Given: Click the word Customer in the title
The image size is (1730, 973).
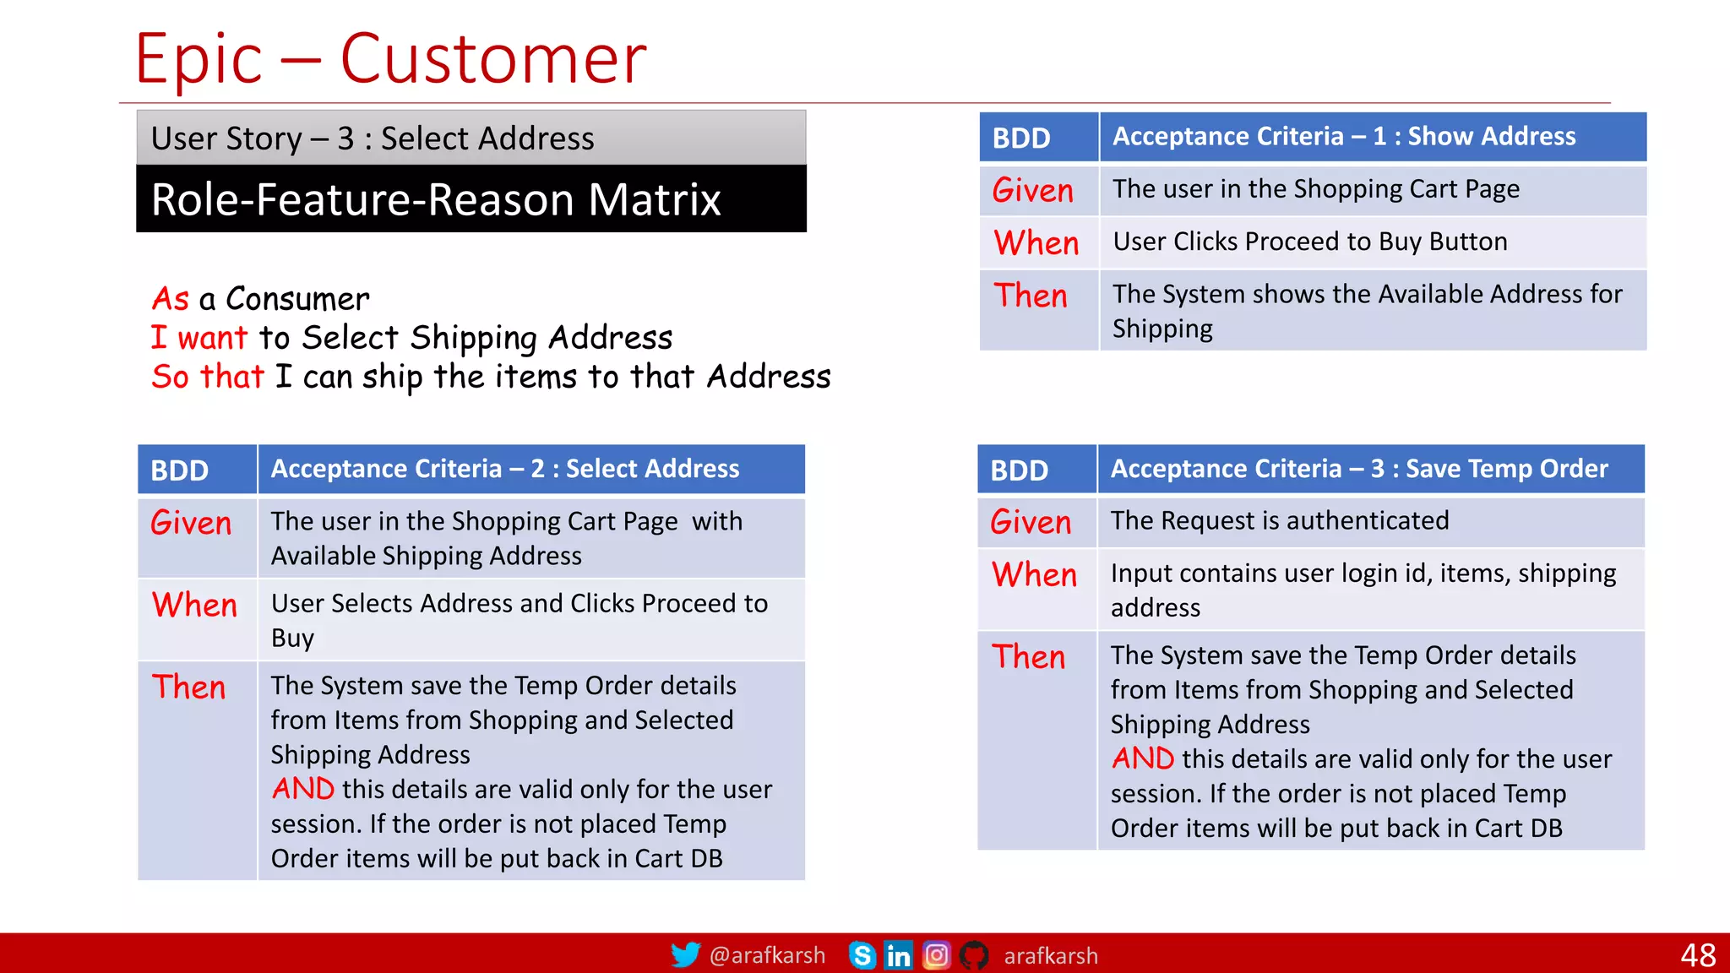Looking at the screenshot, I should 493,59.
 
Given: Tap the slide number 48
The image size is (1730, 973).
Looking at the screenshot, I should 1697,955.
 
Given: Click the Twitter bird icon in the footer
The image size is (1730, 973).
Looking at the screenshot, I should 685,955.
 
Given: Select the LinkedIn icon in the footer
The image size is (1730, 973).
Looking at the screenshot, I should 898,955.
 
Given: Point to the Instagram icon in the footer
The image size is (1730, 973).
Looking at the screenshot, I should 936,955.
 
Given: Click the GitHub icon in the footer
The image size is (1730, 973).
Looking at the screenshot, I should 974,955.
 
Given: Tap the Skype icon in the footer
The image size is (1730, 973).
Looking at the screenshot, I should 862,955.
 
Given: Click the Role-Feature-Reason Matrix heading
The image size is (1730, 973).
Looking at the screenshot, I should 436,199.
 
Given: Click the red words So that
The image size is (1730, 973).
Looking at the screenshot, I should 208,377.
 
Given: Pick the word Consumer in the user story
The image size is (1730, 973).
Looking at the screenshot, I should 297,299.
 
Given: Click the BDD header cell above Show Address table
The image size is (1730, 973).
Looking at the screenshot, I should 1021,138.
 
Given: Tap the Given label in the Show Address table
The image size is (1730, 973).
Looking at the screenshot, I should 1032,190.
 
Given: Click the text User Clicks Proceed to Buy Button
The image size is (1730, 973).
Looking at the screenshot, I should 1309,242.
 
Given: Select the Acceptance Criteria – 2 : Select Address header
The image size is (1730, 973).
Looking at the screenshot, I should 504,469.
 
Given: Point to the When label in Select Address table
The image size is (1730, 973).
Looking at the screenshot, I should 194,606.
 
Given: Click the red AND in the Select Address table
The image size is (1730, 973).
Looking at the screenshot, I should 302,789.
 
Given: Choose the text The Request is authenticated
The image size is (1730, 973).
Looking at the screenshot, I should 1279,520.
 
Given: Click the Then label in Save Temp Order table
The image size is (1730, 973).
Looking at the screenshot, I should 1028,657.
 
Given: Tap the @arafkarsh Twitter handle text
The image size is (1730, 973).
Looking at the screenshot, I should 767,955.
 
